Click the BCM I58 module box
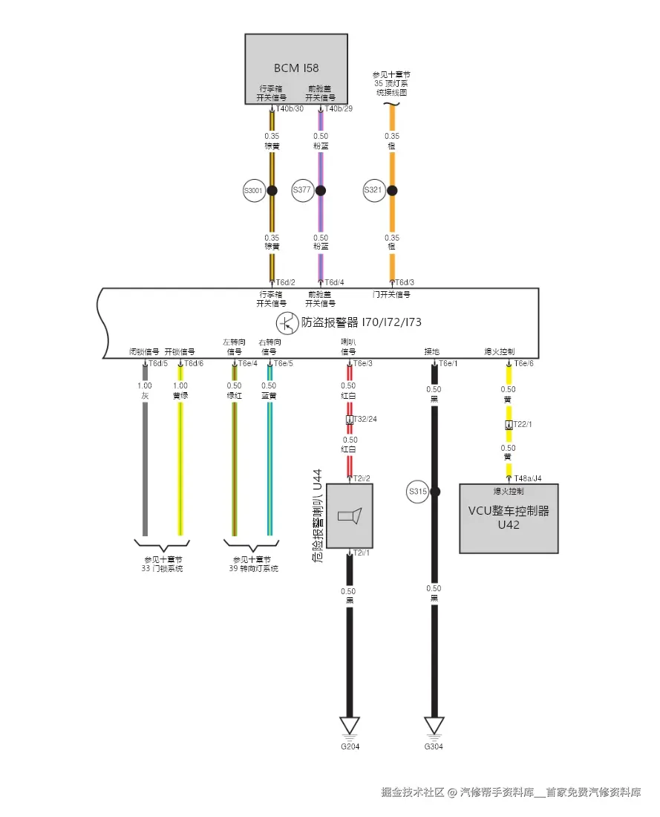[296, 68]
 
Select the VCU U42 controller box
[509, 518]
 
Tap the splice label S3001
[253, 191]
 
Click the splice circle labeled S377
[302, 191]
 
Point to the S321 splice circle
[373, 191]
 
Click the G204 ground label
[350, 746]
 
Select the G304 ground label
[434, 746]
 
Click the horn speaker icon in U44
[349, 516]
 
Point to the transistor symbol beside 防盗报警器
[286, 323]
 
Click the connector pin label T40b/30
[290, 109]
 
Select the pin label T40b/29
[339, 109]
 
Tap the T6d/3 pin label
[405, 282]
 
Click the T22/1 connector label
[523, 424]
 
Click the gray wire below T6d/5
[145, 460]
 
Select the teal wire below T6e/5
[269, 460]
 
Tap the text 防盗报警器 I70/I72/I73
[362, 323]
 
